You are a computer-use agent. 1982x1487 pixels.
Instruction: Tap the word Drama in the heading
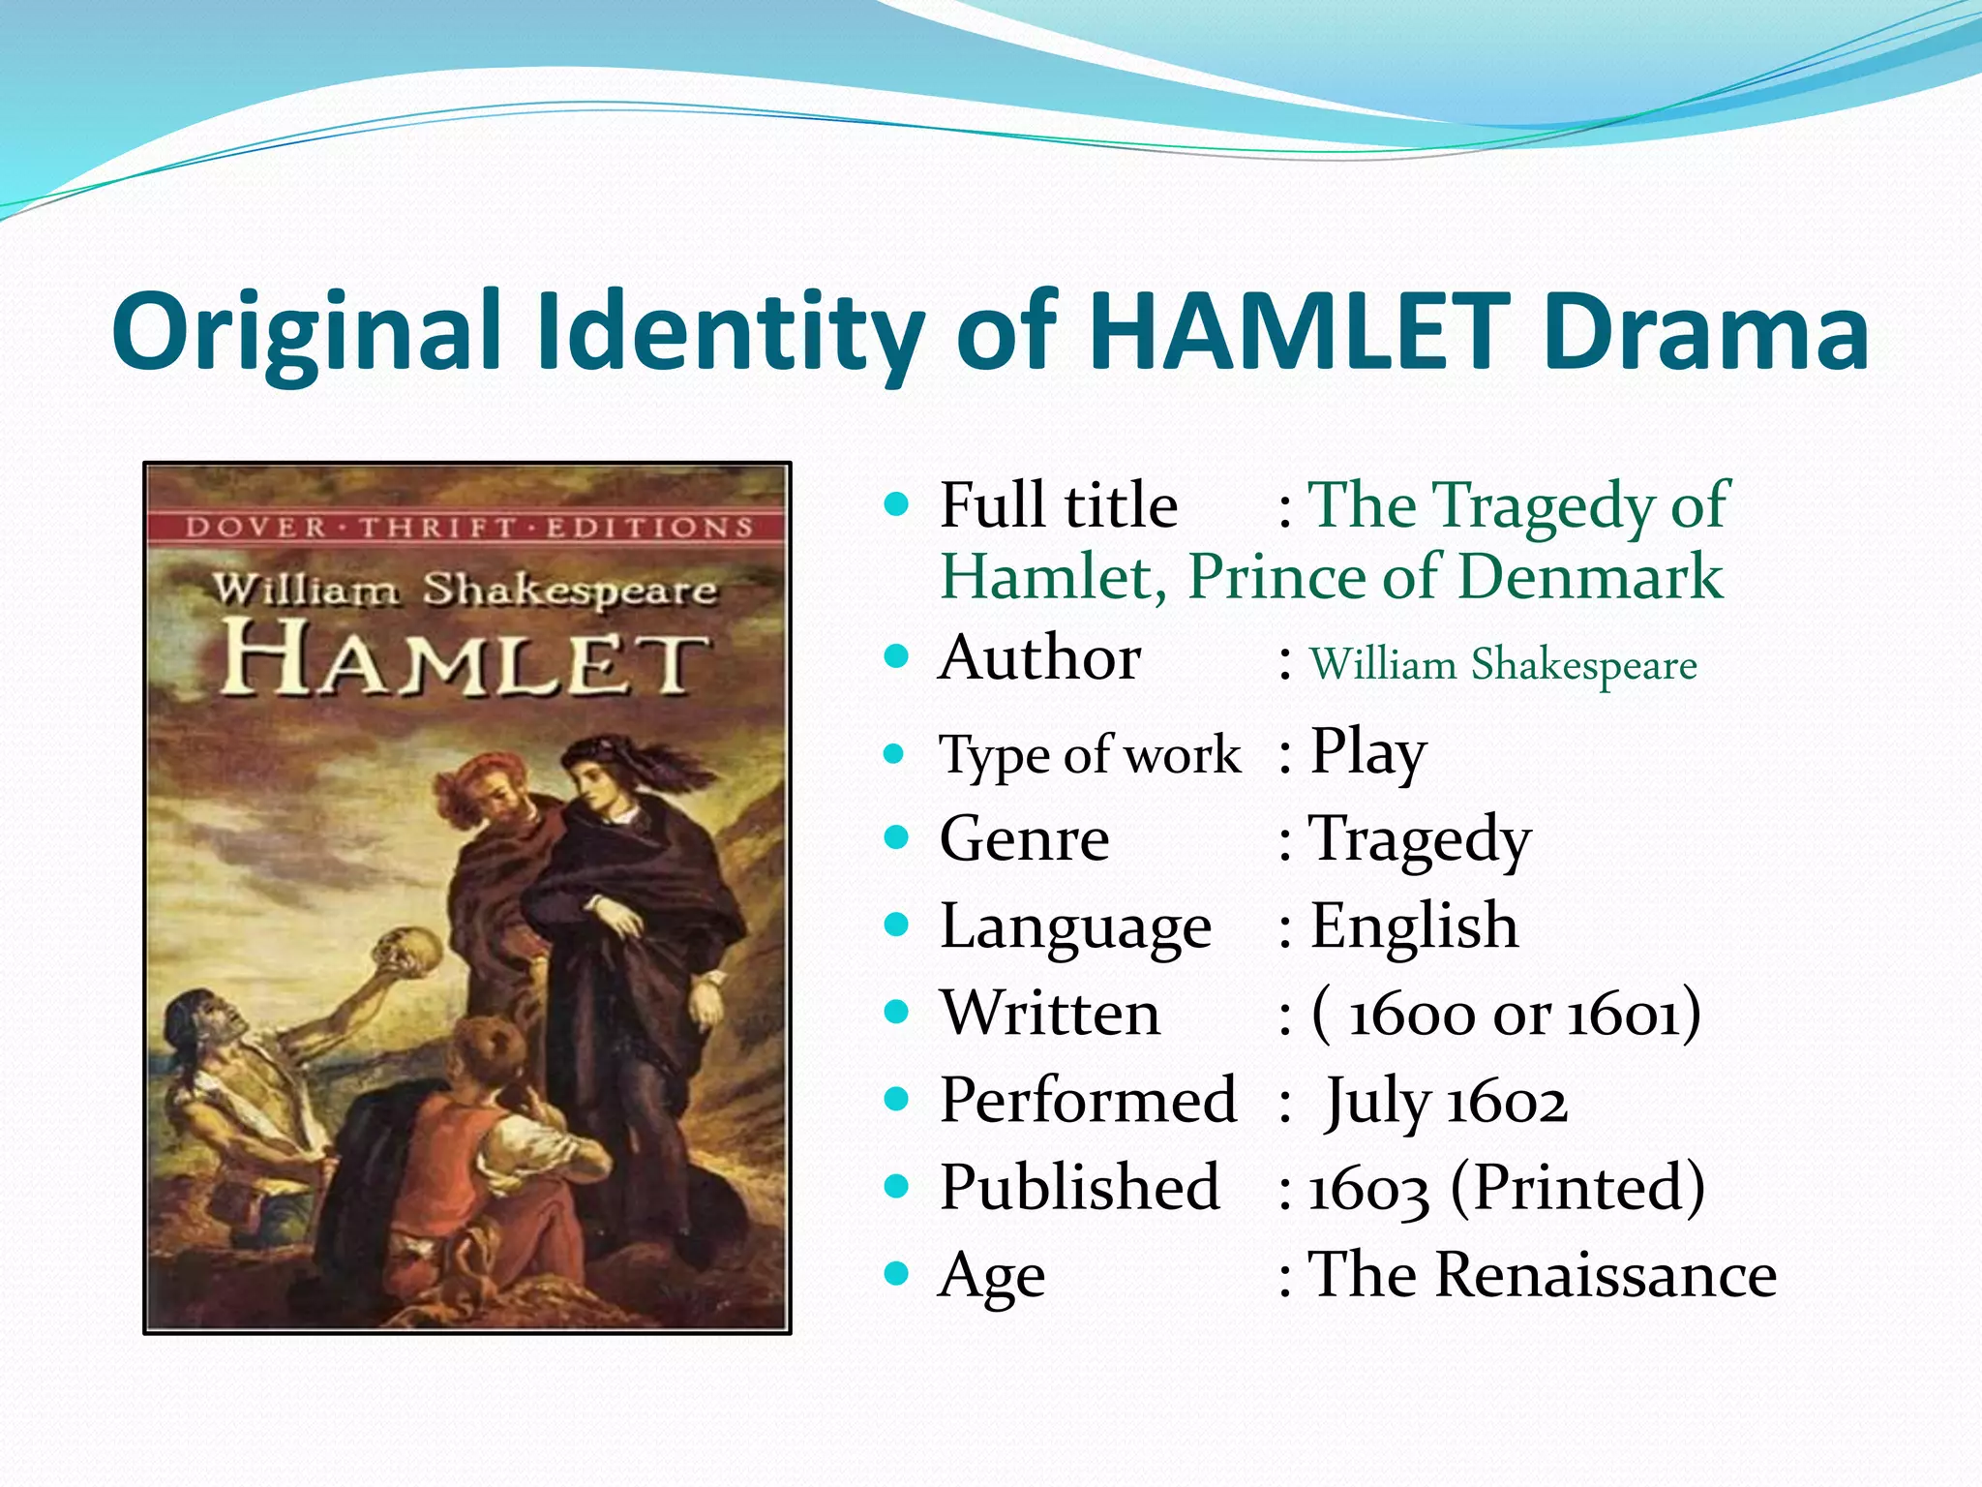[1705, 331]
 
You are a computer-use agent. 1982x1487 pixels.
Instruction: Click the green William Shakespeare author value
[1503, 665]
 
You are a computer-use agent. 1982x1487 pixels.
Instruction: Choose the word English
[1414, 926]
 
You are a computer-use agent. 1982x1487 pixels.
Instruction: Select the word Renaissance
[1606, 1275]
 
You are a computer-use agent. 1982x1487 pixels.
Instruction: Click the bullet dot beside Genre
[897, 837]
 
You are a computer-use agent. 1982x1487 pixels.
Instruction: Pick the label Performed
[1088, 1101]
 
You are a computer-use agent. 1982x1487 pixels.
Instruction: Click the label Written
[1050, 1014]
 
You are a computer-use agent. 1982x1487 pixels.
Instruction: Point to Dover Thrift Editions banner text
[468, 528]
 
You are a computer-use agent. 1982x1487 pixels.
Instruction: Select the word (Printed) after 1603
[1577, 1188]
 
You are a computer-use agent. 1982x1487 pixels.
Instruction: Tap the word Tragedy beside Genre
[1420, 839]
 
